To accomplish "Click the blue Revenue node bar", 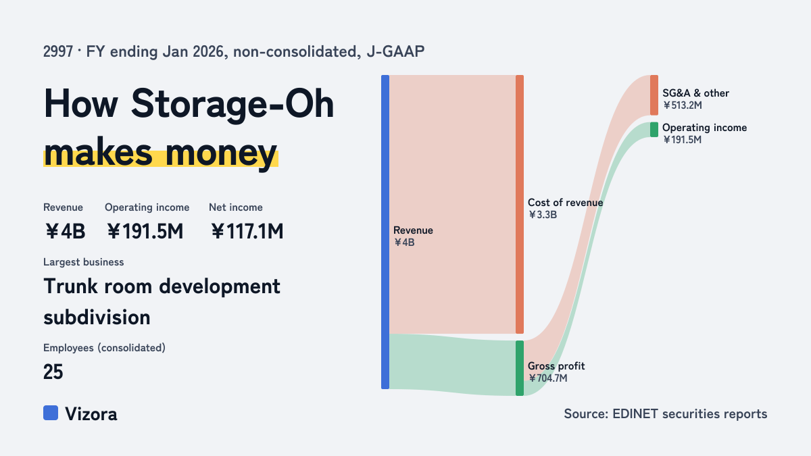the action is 385,232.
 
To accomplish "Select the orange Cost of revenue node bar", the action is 520,204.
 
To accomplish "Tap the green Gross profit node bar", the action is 520,368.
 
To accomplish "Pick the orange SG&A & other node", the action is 654,95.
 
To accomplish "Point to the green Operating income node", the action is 654,130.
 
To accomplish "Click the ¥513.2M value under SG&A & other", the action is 683,105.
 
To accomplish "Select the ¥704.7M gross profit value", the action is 548,378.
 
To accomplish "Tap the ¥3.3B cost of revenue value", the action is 542,215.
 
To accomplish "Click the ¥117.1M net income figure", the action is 247,231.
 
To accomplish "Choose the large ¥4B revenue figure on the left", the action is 65,231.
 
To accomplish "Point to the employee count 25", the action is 53,372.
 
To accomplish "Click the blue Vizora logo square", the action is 51,413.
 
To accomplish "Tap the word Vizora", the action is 91,413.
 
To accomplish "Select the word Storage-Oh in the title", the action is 232,103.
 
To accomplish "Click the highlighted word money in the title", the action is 221,153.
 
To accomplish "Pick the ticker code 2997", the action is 58,51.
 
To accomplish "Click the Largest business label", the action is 84,262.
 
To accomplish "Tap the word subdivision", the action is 97,318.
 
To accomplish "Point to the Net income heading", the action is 236,207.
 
